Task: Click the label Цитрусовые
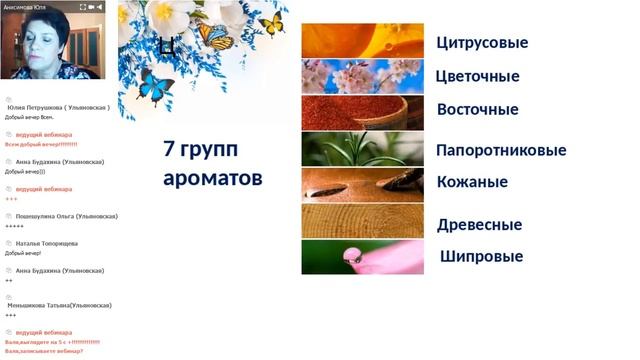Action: [x=482, y=43]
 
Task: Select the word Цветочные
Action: [x=478, y=77]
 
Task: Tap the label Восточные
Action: [x=477, y=110]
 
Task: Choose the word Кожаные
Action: [x=472, y=182]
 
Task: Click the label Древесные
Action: [x=479, y=225]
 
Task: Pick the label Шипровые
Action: [x=481, y=257]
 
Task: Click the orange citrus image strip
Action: [x=362, y=41]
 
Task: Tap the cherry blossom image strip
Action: [x=362, y=77]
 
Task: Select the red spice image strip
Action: [x=362, y=113]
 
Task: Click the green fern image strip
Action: [x=362, y=149]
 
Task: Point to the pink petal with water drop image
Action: [x=362, y=257]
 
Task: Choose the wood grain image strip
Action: [x=362, y=220]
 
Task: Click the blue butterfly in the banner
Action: [x=156, y=87]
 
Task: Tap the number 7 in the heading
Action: [x=169, y=150]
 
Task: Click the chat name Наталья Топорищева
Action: [x=47, y=243]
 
